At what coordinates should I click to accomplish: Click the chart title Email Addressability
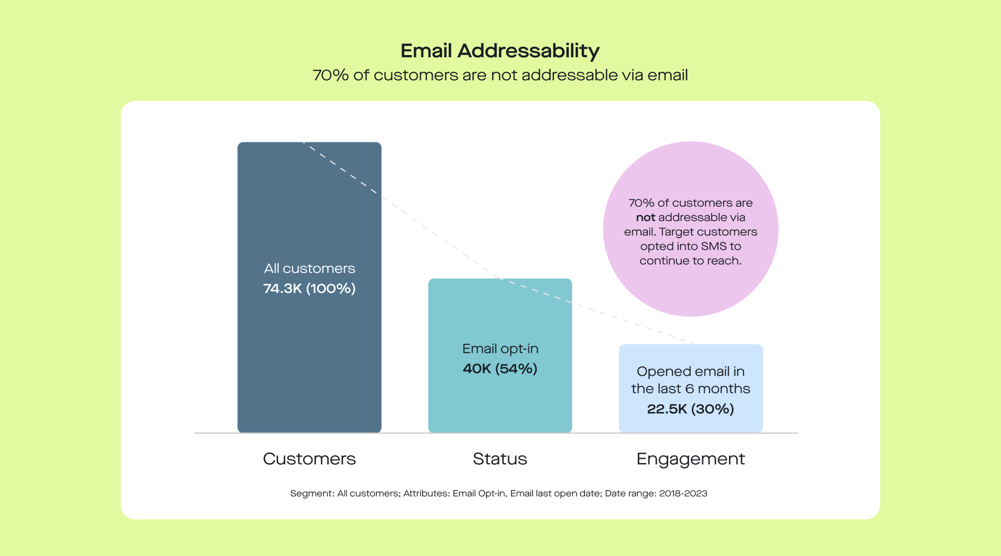pos(500,51)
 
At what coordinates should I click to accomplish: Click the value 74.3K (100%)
pos(309,289)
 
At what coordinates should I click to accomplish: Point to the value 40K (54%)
pos(500,369)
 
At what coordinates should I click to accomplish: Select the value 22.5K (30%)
pos(691,409)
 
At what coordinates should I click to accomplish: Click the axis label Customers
pos(309,459)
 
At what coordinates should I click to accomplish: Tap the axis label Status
pos(500,459)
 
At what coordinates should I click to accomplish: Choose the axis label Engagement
pos(691,459)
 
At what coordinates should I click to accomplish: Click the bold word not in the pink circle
pos(646,217)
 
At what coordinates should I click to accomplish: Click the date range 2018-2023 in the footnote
pos(683,493)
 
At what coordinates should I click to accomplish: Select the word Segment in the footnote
pos(311,493)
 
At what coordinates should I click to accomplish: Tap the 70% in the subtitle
pos(330,75)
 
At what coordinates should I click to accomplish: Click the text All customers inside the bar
pos(309,269)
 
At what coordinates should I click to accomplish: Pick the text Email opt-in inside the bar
pos(500,349)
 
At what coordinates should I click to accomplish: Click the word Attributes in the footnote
pos(426,493)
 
